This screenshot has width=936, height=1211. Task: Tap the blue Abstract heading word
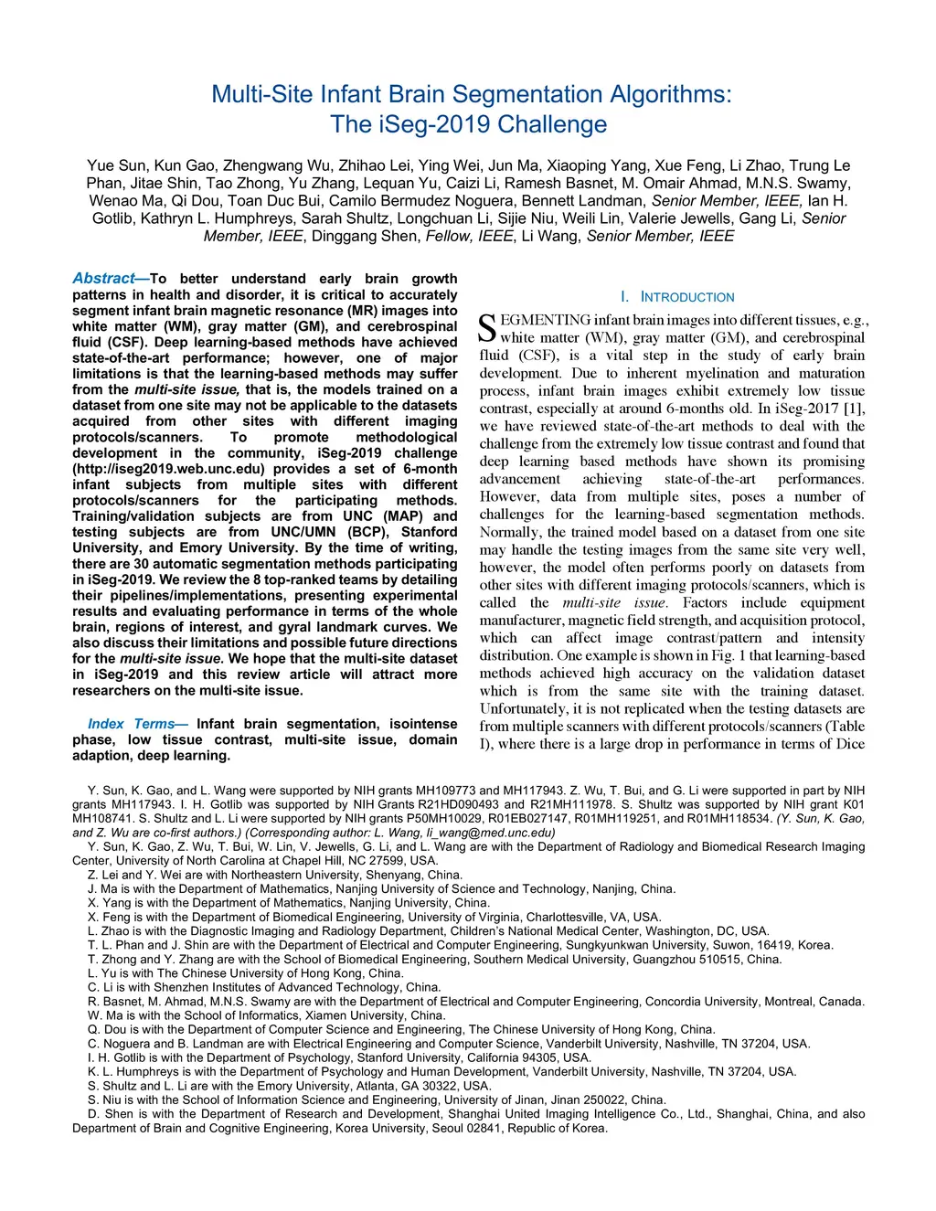pyautogui.click(x=103, y=279)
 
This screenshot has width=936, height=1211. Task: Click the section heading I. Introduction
pyautogui.click(x=676, y=297)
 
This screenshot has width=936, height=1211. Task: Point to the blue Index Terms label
pyautogui.click(x=132, y=724)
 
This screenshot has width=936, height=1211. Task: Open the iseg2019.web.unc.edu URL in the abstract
pyautogui.click(x=173, y=469)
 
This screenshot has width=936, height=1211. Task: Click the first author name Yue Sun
pyautogui.click(x=116, y=165)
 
